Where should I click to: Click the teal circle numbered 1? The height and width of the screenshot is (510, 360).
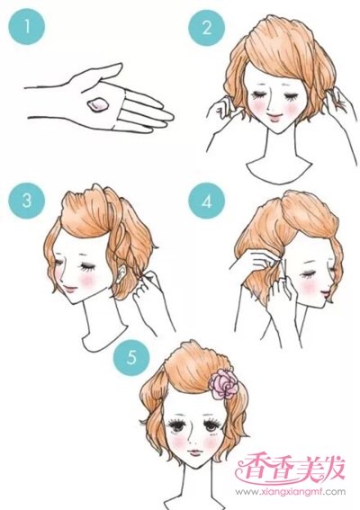coord(26,26)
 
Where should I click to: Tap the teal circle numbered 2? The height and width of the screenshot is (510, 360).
coord(206,27)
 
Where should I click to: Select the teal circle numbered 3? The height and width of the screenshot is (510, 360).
coord(26,201)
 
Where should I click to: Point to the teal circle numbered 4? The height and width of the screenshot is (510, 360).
coord(206,201)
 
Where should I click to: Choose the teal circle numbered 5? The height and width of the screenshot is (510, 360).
coord(130,358)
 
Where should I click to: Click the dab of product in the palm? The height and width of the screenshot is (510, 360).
coord(97,104)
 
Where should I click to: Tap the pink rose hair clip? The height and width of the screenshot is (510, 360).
coord(223,384)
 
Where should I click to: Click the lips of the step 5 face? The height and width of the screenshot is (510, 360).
coord(195,452)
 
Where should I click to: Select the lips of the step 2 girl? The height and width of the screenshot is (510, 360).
coord(274,118)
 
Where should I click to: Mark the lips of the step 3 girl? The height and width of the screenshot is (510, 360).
coord(70,288)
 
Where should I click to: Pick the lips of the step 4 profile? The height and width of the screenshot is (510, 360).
coord(326,294)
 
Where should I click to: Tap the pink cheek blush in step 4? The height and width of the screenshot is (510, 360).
coord(309,287)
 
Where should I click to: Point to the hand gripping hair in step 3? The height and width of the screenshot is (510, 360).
coord(147,286)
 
